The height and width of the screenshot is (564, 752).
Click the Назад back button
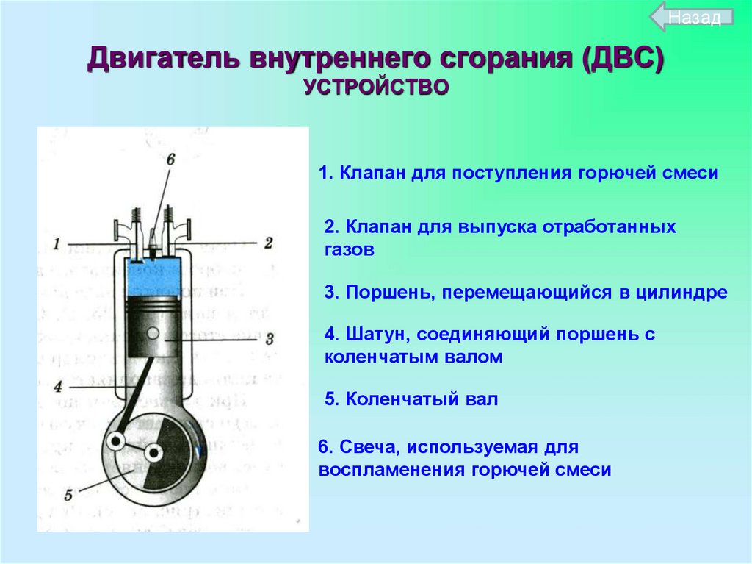coord(692,18)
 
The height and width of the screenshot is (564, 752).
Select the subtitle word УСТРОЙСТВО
coord(376,88)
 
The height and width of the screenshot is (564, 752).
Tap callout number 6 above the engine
coord(170,160)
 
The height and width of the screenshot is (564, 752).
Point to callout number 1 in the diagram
coord(56,244)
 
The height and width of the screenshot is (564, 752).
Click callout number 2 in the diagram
coord(268,243)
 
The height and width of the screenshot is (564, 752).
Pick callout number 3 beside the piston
coord(270,339)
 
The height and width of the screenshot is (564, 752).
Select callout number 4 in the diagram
coord(58,386)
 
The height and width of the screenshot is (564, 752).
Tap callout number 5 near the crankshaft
coord(68,495)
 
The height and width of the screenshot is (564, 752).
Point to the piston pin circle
coord(153,332)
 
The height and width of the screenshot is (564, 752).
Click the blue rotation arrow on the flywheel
coord(197,440)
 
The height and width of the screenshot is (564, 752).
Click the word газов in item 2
coord(349,250)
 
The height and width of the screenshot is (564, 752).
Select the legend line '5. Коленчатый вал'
coord(411,399)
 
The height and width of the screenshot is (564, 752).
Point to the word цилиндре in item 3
coord(681,292)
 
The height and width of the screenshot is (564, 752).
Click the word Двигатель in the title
coord(164,59)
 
